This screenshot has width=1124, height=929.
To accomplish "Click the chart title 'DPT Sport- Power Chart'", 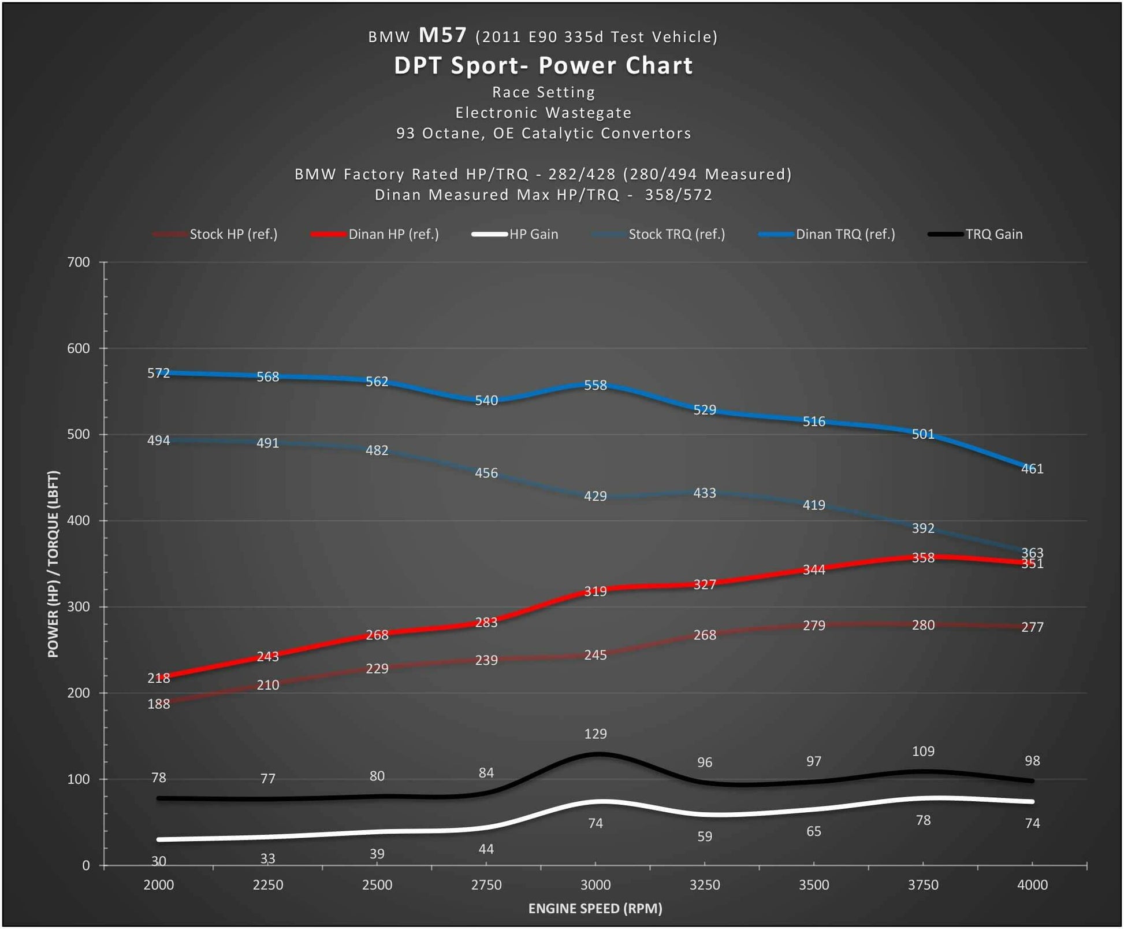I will pyautogui.click(x=543, y=65).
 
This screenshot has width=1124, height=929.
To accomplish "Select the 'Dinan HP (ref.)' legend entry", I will pyautogui.click(x=393, y=234).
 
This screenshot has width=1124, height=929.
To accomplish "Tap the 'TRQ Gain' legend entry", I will pyautogui.click(x=993, y=234).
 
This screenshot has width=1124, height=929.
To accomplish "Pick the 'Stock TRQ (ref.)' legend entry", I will pyautogui.click(x=676, y=234).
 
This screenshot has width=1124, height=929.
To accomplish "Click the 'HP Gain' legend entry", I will pyautogui.click(x=533, y=234).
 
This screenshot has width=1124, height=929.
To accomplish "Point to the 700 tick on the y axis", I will pyautogui.click(x=79, y=262).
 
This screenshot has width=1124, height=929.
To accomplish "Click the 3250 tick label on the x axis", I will pyautogui.click(x=705, y=884).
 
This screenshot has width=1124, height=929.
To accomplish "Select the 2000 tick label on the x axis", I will pyautogui.click(x=159, y=884).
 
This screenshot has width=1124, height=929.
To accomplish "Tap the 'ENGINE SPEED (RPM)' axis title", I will pyautogui.click(x=595, y=908).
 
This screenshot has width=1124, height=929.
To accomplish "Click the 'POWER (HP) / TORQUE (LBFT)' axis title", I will pyautogui.click(x=53, y=564).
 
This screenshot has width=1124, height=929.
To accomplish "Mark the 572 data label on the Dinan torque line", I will pyautogui.click(x=159, y=373).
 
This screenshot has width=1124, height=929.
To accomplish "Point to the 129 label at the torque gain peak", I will pyautogui.click(x=596, y=734).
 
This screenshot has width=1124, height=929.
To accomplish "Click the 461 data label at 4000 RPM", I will pyautogui.click(x=1032, y=469).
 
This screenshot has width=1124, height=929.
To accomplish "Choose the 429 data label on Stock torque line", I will pyautogui.click(x=596, y=496).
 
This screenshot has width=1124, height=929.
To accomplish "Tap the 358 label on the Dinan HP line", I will pyautogui.click(x=923, y=558).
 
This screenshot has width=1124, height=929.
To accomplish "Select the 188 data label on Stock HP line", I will pyautogui.click(x=159, y=704).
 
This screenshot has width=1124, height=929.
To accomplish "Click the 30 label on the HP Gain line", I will pyautogui.click(x=159, y=861).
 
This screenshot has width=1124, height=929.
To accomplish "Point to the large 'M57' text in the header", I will pyautogui.click(x=442, y=35).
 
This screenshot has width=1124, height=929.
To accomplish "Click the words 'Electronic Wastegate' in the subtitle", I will pyautogui.click(x=543, y=113).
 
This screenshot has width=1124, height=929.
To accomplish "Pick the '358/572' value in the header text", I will pyautogui.click(x=679, y=195).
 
